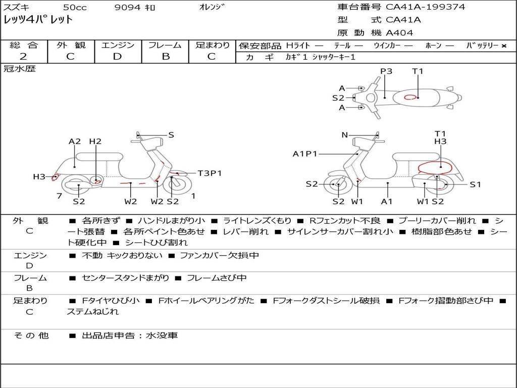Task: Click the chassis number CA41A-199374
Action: point(425,7)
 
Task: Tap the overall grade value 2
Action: point(23,57)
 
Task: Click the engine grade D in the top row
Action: point(117,57)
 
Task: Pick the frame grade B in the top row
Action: point(166,57)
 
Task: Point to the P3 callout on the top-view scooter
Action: point(386,71)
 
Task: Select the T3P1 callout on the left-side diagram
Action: point(210,173)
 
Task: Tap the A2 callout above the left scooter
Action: point(75,141)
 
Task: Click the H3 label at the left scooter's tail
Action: point(39,177)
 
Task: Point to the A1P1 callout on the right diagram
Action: point(304,154)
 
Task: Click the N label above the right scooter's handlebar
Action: point(344,135)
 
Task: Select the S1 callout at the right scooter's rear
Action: point(475,184)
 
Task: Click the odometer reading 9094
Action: point(127,7)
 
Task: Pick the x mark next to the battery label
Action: point(504,46)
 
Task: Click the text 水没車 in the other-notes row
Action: point(162,335)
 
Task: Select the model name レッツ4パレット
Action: point(38,20)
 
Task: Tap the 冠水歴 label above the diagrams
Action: point(20,69)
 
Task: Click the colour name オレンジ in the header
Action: point(212,7)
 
